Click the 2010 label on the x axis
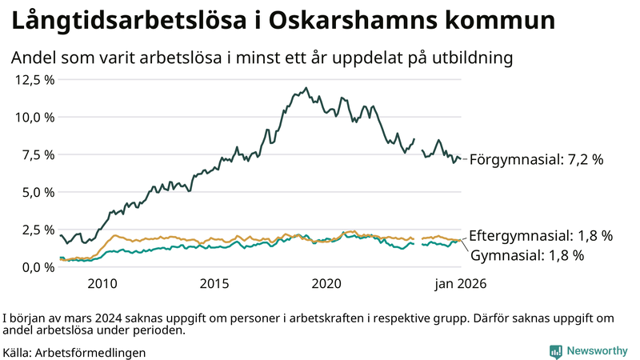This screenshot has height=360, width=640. pyautogui.click(x=102, y=283)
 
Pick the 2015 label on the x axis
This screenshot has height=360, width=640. pyautogui.click(x=214, y=283)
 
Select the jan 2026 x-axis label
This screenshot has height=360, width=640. pyautogui.click(x=461, y=283)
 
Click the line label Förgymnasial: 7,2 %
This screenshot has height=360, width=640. pyautogui.click(x=536, y=159)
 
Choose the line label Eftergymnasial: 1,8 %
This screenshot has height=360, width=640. pyautogui.click(x=541, y=236)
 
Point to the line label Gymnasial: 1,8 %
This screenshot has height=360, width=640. pyautogui.click(x=527, y=256)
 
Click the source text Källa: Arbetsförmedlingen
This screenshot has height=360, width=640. pyautogui.click(x=74, y=352)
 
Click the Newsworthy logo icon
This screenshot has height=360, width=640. pyautogui.click(x=555, y=350)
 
